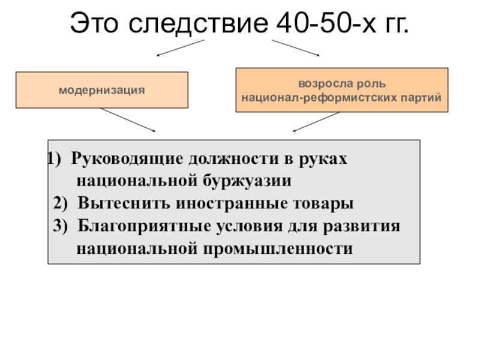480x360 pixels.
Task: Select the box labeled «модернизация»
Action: (101, 90)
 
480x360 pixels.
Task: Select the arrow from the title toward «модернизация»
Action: (180, 48)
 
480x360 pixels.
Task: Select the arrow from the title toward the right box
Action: (295, 48)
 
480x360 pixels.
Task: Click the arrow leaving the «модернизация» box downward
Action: (127, 120)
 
